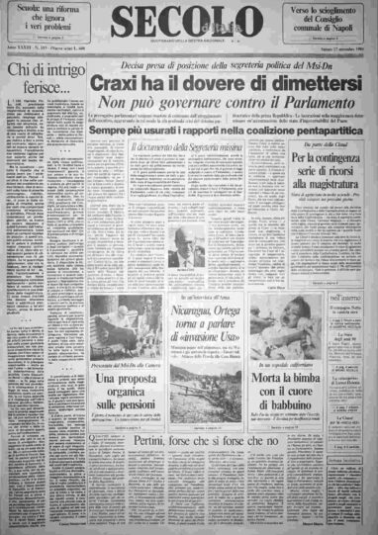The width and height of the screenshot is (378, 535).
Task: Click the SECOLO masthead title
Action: click(x=187, y=21)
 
